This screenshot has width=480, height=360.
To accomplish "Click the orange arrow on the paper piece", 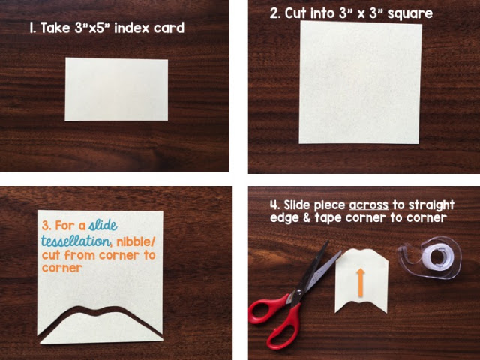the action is (361, 283).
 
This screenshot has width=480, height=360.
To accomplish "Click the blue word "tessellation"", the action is (76, 241).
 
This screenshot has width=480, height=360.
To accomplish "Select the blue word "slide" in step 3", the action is (103, 225).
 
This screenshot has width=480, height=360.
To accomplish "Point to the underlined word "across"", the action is (368, 205).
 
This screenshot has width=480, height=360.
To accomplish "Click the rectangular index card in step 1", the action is (116, 89).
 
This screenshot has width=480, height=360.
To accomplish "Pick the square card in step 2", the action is (360, 82).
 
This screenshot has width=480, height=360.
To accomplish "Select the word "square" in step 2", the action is (410, 14).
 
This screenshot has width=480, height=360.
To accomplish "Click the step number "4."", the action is (275, 205).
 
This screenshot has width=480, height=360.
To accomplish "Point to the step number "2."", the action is (275, 13).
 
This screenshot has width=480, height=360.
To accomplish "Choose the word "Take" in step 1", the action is (55, 28).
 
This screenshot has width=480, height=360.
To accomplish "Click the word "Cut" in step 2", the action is (295, 13).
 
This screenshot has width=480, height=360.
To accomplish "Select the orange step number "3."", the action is (46, 226).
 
